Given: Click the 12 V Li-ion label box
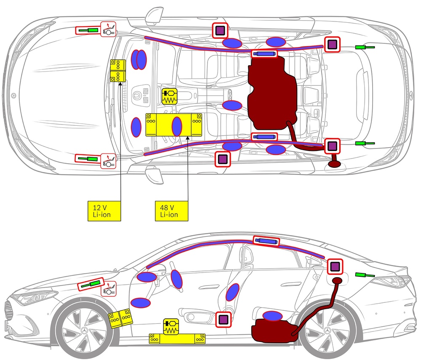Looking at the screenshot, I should (x=104, y=211).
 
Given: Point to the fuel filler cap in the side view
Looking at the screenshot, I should (x=337, y=281).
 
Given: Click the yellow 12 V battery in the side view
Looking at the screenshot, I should (x=120, y=318).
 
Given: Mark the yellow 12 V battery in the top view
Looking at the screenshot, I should (x=118, y=71).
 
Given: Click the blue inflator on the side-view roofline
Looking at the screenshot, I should (x=266, y=241).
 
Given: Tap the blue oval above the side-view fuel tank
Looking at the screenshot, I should (x=272, y=315).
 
